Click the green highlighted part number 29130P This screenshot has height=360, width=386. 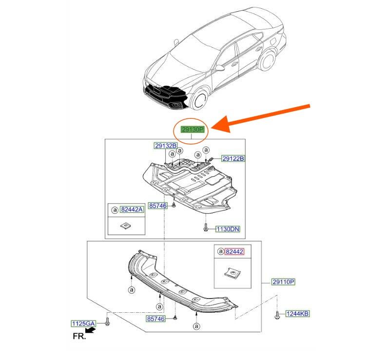click(193, 129)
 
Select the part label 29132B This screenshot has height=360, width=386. click(166, 146)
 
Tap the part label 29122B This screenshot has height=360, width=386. click(233, 159)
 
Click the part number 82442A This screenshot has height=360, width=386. click(132, 209)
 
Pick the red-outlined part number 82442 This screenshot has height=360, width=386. click(234, 252)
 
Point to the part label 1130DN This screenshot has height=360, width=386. click(228, 229)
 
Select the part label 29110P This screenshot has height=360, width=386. click(283, 282)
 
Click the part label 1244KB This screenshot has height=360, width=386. click(297, 314)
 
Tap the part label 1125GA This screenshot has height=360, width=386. click(83, 323)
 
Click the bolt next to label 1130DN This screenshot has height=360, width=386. click(206, 227)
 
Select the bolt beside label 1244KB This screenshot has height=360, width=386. click(277, 315)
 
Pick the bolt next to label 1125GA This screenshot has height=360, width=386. click(107, 322)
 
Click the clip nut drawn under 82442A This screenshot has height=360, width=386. click(126, 226)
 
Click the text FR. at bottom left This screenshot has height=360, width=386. click(79, 337)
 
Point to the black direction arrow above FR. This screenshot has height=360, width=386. click(91, 330)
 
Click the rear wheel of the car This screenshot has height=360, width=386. click(268, 60)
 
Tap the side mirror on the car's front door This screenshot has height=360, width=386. click(220, 68)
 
